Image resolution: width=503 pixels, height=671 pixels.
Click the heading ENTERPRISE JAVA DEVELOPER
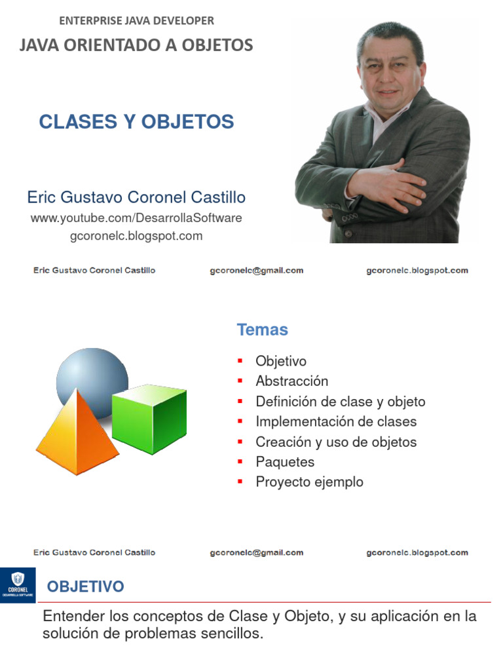coord(136,21)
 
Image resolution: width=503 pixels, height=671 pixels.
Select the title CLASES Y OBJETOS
coord(136,122)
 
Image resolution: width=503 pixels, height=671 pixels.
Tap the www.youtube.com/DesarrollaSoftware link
coord(136,218)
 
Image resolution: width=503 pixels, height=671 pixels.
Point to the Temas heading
coord(262,330)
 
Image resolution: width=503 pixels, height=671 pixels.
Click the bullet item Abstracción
coord(291,381)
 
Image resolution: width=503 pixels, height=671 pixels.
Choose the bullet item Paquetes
coord(285,462)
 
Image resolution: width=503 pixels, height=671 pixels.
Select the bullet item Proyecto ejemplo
coord(309,482)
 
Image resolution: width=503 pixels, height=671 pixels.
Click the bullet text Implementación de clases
coord(336,421)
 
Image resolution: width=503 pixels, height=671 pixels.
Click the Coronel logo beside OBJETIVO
coord(18,585)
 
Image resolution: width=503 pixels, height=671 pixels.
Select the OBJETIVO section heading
coord(85,586)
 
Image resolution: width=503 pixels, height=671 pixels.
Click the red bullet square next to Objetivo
coord(240,361)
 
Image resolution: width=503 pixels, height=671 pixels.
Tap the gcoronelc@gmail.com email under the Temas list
coord(256,552)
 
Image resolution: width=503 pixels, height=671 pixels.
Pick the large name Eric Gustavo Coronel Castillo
coord(136,197)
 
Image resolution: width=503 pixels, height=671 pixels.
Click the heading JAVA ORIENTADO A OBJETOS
coord(136,45)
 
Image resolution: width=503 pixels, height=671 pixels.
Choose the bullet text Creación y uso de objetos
coord(336,442)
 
